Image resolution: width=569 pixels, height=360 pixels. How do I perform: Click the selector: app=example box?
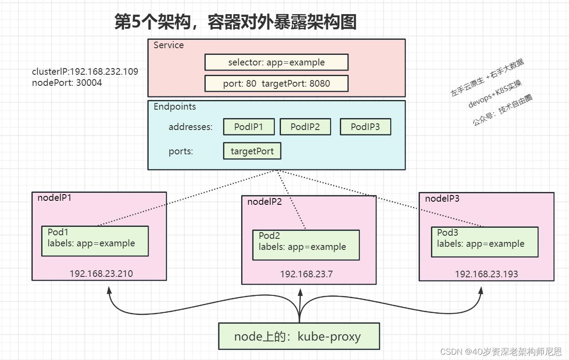(276, 62)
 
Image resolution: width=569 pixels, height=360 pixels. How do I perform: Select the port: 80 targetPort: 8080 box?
(276, 84)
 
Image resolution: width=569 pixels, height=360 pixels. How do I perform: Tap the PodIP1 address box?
(249, 127)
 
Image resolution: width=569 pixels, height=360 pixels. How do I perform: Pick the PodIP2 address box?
(305, 127)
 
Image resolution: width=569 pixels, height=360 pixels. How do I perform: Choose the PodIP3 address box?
(365, 127)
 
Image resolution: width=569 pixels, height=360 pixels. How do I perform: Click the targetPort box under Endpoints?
(252, 151)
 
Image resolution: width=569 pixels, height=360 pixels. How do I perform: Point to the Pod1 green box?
(95, 241)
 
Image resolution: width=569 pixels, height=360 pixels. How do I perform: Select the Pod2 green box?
(306, 245)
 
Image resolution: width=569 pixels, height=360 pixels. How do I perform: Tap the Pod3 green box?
(484, 242)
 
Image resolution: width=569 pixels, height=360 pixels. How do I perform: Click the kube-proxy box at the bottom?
(299, 337)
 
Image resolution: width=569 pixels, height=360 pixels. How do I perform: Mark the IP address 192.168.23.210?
(101, 274)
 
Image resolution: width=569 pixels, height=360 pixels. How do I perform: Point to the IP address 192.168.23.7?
(306, 274)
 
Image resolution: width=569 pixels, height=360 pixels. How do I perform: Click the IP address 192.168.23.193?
(486, 274)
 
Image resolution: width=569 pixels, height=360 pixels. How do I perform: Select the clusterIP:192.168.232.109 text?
(85, 72)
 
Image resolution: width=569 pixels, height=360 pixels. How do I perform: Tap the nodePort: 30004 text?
(67, 83)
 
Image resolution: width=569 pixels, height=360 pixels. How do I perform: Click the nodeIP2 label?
(265, 202)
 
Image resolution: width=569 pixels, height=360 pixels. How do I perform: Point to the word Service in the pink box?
(169, 45)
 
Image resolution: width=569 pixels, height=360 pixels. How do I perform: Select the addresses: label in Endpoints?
(190, 127)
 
